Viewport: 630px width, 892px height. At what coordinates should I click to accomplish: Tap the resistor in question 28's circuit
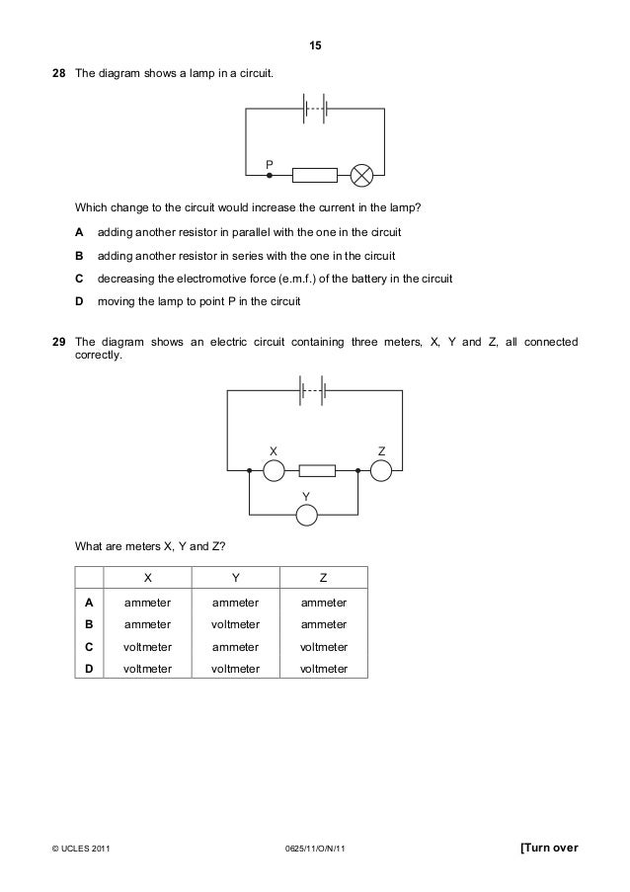coord(314,176)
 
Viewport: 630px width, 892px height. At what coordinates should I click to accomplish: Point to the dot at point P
coord(269,176)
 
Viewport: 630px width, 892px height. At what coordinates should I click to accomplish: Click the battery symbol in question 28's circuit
coord(315,108)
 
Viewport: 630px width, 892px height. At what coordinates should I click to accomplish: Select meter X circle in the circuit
coord(272,470)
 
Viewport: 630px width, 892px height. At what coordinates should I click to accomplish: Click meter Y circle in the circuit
coord(307,514)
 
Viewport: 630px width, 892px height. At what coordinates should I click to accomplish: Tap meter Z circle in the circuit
coord(381,470)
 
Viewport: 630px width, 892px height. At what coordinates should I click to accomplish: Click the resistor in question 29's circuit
coord(317,470)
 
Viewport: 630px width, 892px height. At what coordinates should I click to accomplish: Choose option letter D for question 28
coord(79,300)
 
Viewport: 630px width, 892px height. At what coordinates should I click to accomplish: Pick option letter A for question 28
coord(79,231)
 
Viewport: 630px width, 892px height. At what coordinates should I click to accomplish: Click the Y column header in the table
coord(235,577)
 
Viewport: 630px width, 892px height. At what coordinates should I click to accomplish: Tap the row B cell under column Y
coord(235,623)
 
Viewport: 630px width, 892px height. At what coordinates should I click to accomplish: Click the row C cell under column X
coord(148,647)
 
